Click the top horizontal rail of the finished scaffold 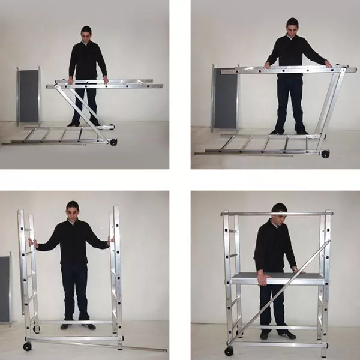click(276, 213)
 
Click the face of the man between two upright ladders click(73, 211)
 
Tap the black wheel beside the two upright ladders click(27, 346)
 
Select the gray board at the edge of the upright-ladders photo click(5, 288)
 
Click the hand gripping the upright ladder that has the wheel click(32, 244)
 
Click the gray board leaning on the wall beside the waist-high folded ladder click(28, 96)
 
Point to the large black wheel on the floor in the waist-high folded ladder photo click(113, 142)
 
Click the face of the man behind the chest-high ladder click(292, 28)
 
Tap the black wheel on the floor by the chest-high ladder click(325, 154)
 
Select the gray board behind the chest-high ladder click(224, 99)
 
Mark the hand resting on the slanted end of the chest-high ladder click(328, 64)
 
